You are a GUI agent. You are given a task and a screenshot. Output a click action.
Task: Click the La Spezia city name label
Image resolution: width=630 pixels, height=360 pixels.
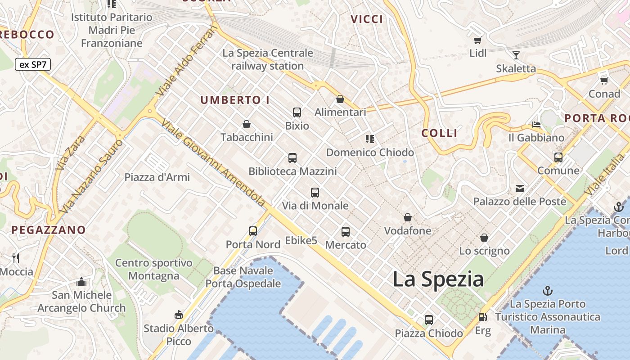(438, 279)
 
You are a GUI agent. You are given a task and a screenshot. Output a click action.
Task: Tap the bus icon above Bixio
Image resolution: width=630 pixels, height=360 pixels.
(297, 112)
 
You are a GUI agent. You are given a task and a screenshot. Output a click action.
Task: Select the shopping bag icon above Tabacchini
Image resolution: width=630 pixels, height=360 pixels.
(247, 124)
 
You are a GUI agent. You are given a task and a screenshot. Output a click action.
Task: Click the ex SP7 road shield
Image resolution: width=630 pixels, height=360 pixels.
(33, 64)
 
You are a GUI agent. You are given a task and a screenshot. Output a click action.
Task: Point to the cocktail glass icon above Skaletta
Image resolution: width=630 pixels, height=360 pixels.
(516, 55)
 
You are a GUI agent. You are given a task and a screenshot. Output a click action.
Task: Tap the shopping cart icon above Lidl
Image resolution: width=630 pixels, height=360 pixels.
(478, 40)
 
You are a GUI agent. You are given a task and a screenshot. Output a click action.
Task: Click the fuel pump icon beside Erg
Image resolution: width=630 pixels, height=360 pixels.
(483, 317)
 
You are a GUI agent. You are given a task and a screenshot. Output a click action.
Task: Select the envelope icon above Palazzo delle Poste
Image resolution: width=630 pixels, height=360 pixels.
(520, 188)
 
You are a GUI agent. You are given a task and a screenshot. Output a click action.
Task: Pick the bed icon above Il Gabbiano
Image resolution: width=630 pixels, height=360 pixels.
(536, 124)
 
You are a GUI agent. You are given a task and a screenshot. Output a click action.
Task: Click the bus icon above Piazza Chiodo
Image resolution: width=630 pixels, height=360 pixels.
(429, 320)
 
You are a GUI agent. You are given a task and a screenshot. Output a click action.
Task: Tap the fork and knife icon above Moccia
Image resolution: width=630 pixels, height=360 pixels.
(16, 258)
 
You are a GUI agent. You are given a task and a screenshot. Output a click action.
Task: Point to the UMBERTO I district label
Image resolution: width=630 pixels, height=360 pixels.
(235, 100)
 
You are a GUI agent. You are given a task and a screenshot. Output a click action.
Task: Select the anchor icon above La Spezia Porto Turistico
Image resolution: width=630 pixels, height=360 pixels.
(548, 290)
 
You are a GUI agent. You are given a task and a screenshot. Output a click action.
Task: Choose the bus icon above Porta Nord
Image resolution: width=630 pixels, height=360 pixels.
(253, 231)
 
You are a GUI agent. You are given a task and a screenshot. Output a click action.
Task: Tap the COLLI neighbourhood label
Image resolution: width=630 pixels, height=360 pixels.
(439, 133)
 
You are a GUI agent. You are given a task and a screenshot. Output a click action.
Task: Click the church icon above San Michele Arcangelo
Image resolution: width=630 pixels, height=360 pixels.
(81, 282)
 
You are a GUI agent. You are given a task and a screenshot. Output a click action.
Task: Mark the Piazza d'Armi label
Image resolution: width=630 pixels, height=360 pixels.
(157, 177)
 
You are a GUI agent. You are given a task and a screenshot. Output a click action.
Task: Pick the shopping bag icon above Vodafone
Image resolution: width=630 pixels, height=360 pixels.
(408, 218)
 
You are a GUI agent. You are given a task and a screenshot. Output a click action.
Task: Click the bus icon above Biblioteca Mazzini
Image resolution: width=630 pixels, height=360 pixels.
(292, 158)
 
